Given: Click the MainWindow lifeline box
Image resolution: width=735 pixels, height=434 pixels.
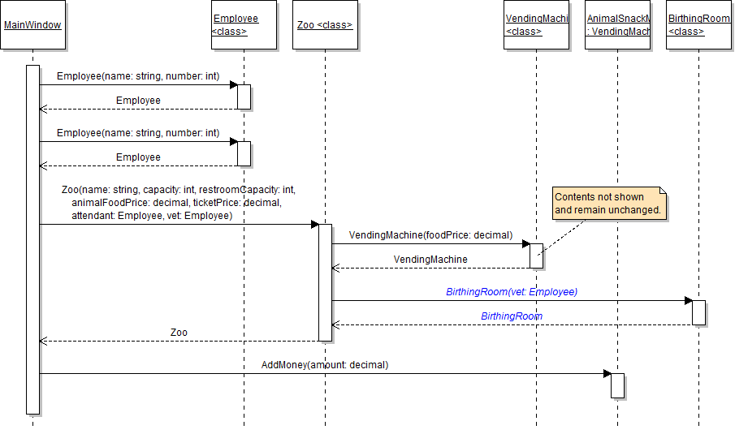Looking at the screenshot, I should pos(32,25).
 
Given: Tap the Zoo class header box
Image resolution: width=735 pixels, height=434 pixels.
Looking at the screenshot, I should pos(325,25).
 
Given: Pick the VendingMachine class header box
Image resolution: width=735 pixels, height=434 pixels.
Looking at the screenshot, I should pos(536,25).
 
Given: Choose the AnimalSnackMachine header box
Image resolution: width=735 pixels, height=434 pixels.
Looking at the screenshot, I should pos(617,25).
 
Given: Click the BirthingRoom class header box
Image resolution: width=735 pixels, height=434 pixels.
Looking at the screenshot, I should pos(698,25).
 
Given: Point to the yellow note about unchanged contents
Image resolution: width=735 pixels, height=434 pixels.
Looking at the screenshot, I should pos(609,203).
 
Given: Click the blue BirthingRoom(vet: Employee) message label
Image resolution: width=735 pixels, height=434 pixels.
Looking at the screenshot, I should pos(512,291).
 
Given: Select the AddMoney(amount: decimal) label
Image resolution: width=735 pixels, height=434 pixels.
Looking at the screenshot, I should pos(325,365).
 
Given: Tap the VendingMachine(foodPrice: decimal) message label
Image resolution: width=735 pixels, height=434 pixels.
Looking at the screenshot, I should pos(430,235).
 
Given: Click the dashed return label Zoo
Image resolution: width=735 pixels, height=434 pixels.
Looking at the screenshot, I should pos(179,333).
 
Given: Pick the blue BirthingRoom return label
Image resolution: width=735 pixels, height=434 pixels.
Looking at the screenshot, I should pos(512,316).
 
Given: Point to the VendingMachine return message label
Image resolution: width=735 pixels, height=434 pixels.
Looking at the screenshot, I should pos(430,260).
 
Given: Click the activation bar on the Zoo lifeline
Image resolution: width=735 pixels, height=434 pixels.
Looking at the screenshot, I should pos(325,282).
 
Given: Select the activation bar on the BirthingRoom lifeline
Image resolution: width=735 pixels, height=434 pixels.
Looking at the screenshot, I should pos(698,312).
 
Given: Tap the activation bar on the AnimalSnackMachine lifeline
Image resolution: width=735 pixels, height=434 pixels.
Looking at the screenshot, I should pos(617,385).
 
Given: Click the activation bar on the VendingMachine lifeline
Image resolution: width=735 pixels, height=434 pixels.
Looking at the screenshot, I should pos(536,255).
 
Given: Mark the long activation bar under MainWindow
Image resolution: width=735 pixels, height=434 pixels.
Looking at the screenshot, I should pos(32,239).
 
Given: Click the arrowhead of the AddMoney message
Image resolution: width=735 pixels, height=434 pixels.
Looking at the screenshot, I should pos(607,373).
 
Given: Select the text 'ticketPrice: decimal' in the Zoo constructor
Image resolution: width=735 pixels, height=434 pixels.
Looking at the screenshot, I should pos(244,203).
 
